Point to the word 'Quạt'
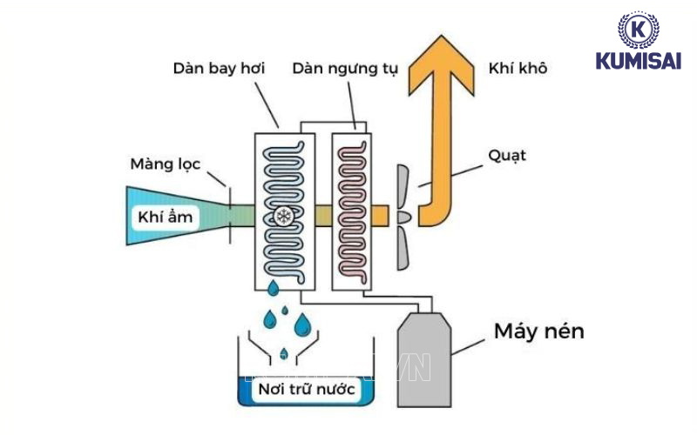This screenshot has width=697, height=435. tap(508, 156)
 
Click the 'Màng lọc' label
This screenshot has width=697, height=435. tap(165, 164)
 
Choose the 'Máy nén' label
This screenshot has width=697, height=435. tap(538, 331)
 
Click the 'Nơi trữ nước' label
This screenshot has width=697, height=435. tap(307, 389)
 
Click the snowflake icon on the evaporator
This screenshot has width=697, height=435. tap(282, 215)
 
